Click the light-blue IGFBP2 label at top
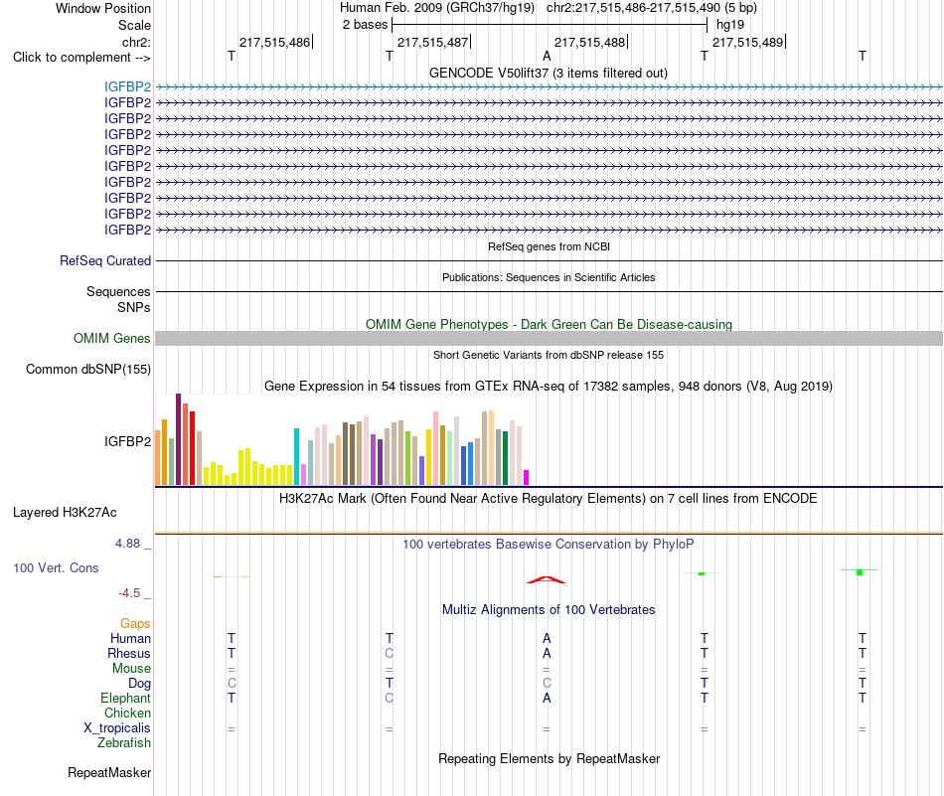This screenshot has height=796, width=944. [127, 86]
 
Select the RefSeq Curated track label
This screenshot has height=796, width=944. [105, 260]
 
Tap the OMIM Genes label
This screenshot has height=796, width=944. [112, 339]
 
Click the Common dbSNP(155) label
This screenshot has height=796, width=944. [88, 369]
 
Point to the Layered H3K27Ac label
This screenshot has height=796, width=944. [65, 513]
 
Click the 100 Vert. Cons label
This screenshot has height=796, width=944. [56, 567]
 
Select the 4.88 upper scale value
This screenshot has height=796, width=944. [127, 544]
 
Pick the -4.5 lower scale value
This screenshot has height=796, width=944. [129, 593]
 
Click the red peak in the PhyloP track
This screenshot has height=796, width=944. [547, 579]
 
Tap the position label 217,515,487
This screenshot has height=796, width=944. [433, 42]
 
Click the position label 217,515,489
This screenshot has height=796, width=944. [747, 42]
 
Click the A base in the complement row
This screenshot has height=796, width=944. [547, 56]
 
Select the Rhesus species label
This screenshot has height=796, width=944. [129, 653]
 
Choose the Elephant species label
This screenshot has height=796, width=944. [126, 698]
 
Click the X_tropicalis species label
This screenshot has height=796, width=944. [117, 728]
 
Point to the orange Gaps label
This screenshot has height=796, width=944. [135, 624]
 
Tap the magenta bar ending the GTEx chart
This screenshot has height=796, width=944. [527, 477]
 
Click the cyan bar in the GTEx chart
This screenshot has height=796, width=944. [296, 456]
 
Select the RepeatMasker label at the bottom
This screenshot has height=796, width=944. [109, 772]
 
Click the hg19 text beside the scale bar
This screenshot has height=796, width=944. [730, 25]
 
